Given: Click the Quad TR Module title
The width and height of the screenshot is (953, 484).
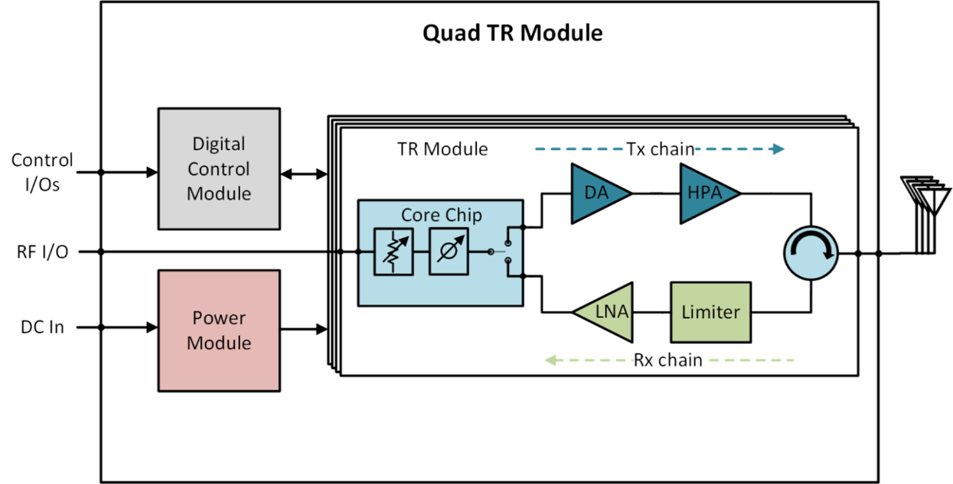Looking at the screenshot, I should [512, 34].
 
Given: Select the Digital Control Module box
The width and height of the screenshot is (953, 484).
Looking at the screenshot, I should [219, 169].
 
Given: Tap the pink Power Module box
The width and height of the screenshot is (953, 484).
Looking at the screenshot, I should [219, 330].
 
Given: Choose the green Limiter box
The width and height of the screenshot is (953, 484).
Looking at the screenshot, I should [710, 311].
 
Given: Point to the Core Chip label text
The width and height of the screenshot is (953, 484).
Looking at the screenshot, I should [442, 215].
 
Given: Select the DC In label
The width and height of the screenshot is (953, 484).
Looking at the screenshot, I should [42, 328].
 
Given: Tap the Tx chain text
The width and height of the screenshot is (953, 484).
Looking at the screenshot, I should [660, 149].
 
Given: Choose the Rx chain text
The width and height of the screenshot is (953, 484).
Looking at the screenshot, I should [668, 359].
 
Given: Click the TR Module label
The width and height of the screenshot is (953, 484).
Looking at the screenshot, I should [442, 149].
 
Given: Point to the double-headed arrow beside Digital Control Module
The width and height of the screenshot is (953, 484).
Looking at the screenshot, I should [304, 175].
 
